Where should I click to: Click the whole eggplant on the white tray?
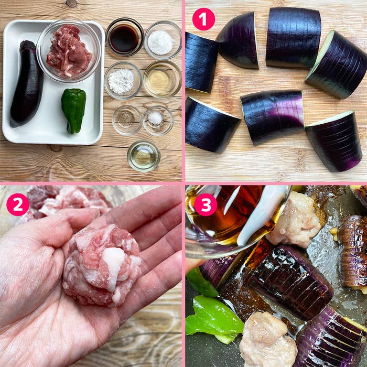[x=26, y=87]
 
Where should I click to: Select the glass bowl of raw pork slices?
[x=68, y=51]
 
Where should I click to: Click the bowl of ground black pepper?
[x=126, y=119]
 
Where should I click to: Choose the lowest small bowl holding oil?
[x=143, y=156]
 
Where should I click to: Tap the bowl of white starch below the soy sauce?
[x=123, y=80]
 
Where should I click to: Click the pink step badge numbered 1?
[x=203, y=19]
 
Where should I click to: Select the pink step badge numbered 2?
[x=17, y=204]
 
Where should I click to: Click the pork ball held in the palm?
[x=102, y=265]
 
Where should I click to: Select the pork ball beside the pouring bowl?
[x=297, y=220]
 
